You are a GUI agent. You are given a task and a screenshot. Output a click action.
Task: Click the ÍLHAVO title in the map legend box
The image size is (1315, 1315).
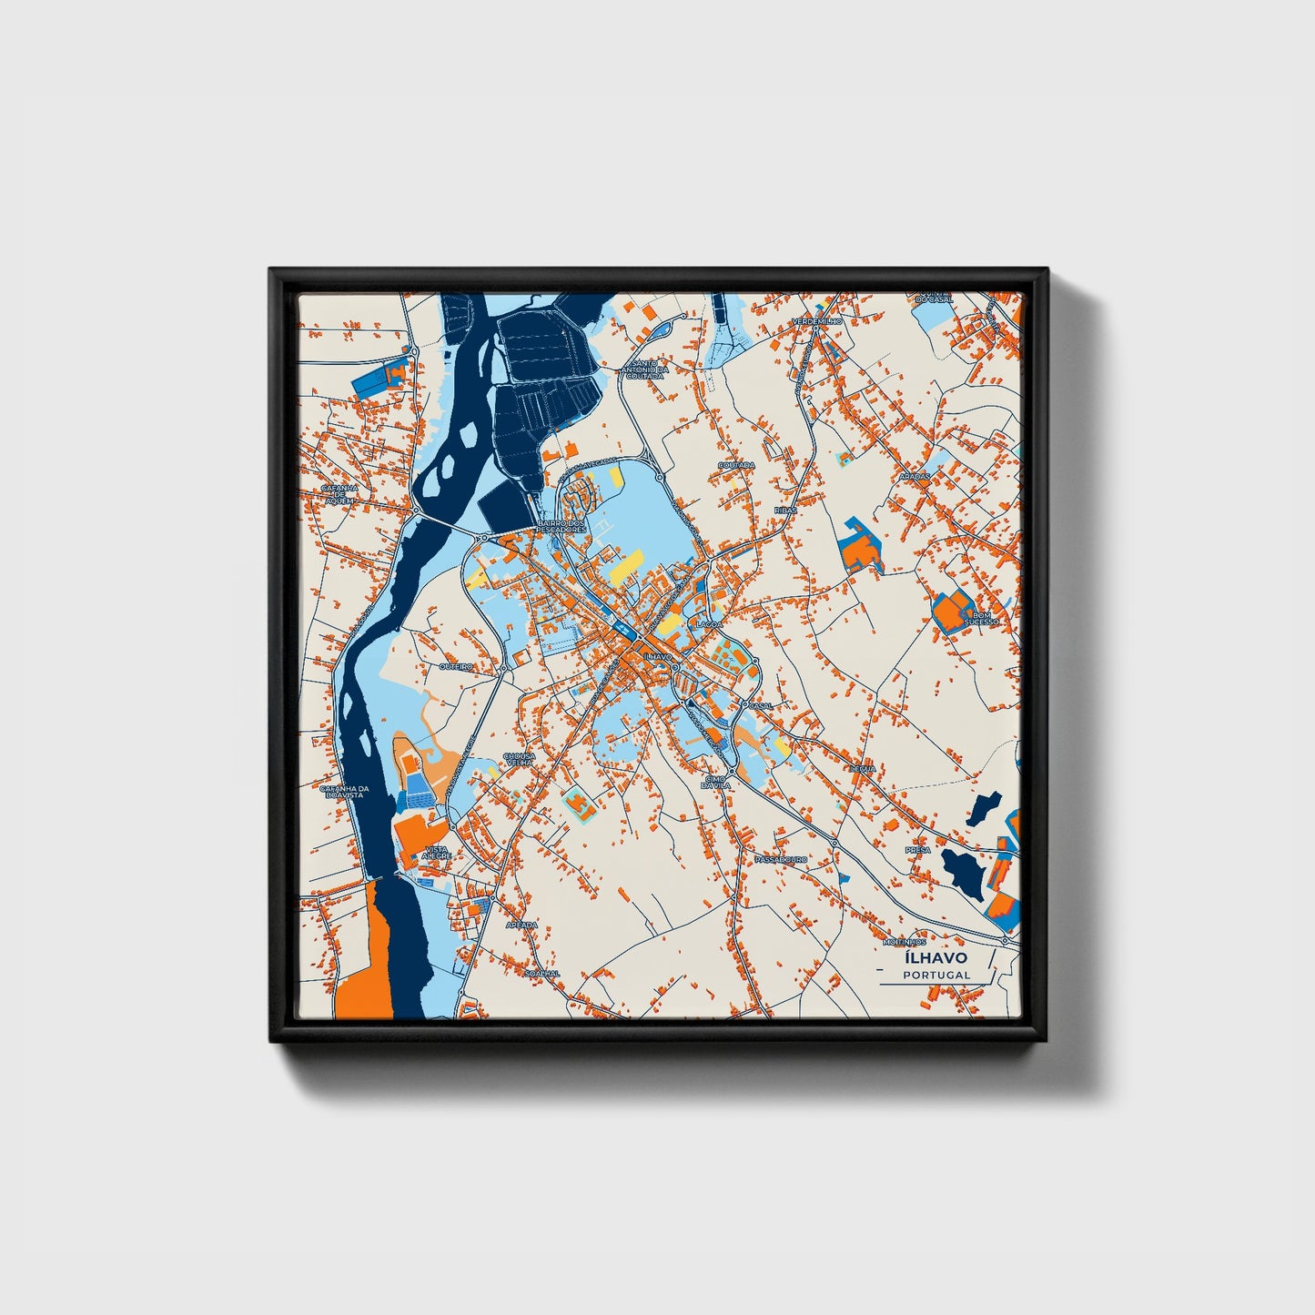pos(936,957)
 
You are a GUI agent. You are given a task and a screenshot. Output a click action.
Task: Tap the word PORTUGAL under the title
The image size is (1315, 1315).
pos(936,975)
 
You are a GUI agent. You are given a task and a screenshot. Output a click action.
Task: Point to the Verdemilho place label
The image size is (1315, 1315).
pos(817,322)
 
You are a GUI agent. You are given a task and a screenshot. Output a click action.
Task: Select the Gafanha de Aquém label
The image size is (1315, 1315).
pos(339,492)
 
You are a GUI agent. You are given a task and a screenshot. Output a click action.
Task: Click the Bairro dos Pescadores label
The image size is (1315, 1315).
pos(561,526)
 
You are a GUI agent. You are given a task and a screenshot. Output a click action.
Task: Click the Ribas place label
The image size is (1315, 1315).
pos(785,511)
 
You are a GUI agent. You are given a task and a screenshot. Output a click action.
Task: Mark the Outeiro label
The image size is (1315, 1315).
pos(456,666)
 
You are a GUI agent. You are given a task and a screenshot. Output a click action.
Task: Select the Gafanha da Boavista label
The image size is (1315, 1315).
pos(341,792)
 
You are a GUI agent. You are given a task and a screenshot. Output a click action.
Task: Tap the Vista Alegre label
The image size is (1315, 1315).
pos(436,852)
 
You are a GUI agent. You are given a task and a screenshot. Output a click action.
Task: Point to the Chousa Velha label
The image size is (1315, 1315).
pos(520,758)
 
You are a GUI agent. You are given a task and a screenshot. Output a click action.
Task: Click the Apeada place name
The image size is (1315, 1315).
pos(522,925)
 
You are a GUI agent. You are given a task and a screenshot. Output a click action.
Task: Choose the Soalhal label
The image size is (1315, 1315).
pos(542,973)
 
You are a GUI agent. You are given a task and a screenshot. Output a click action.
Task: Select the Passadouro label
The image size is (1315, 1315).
pos(781,858)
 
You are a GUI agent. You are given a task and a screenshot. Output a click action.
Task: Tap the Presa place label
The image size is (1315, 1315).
pos(917,850)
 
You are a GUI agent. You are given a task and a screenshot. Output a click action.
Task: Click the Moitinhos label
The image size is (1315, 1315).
pos(904,942)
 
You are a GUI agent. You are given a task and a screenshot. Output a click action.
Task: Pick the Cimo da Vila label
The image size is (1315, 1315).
pos(717,782)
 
